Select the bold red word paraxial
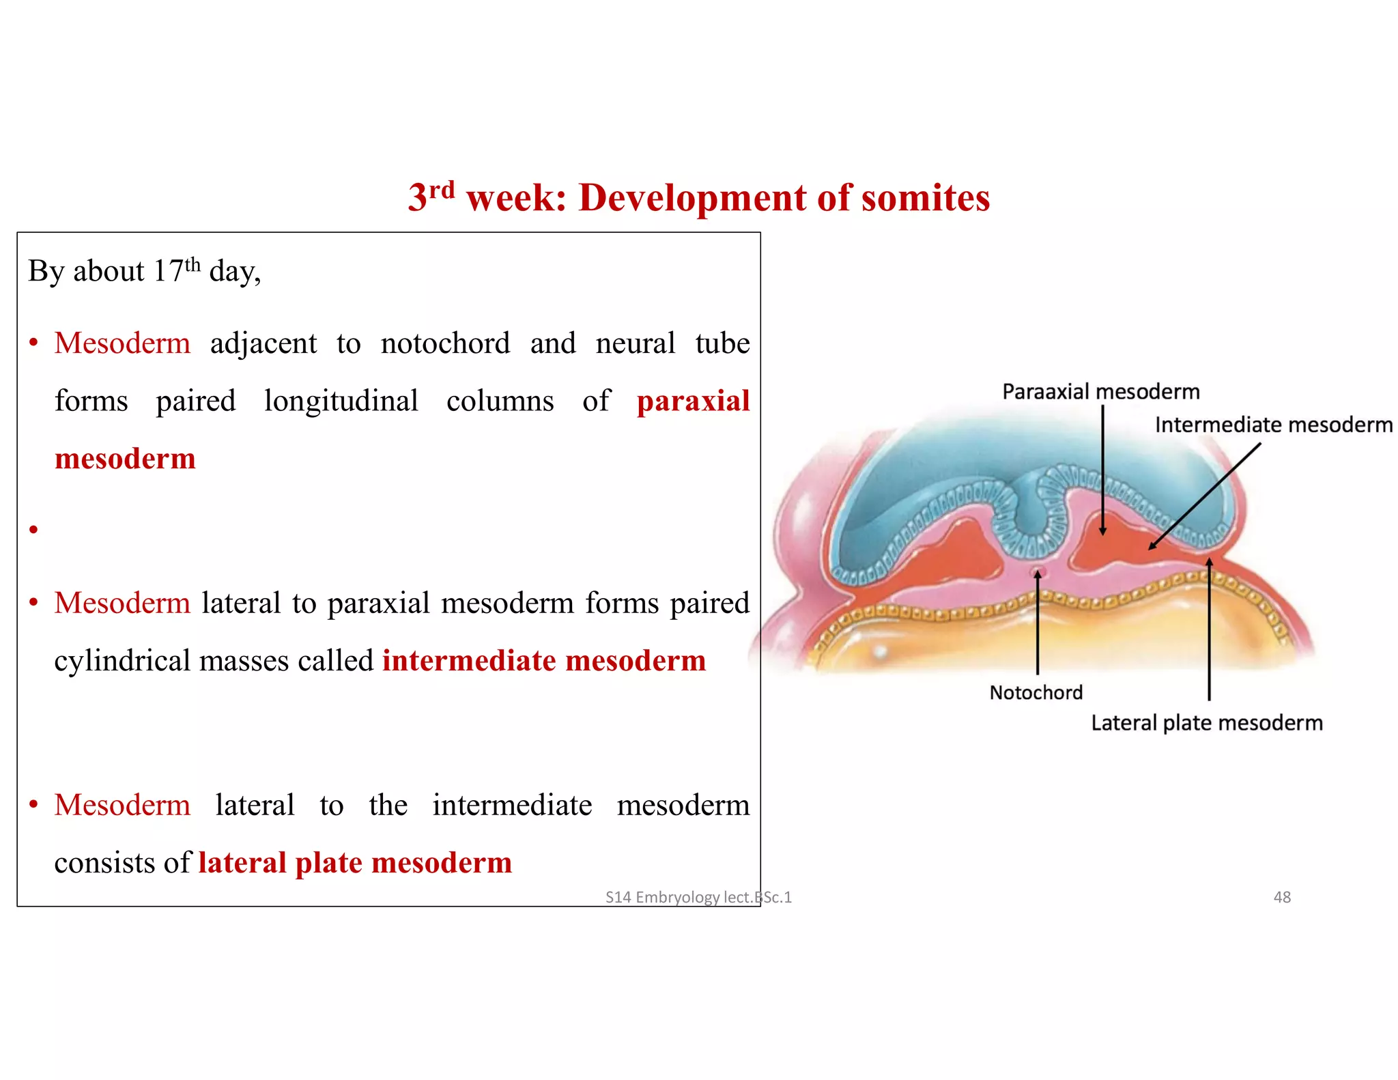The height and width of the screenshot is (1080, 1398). (693, 401)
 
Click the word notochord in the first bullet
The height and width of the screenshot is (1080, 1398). (445, 343)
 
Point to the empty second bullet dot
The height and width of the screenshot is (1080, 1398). (33, 529)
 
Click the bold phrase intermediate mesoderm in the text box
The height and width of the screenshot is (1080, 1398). (543, 661)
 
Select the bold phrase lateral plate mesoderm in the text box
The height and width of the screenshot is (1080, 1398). (355, 863)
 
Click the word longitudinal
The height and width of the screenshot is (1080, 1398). (341, 401)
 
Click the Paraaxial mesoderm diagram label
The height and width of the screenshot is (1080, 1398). (1100, 392)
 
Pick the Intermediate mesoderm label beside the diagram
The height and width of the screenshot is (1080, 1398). (1273, 425)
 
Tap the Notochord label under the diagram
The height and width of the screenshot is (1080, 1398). (1036, 692)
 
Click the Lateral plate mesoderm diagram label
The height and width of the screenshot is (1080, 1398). (1206, 723)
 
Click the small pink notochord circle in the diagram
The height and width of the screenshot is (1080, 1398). (1039, 571)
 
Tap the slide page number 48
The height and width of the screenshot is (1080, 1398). (1282, 897)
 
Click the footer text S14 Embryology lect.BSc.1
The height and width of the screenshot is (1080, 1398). (698, 897)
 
